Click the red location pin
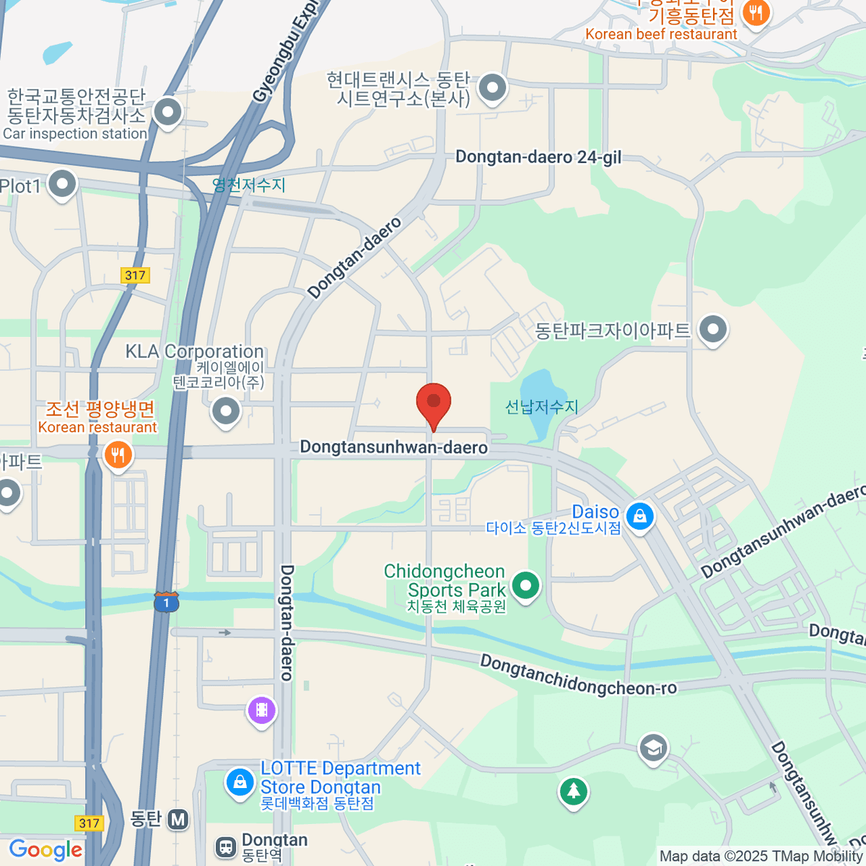coord(434,403)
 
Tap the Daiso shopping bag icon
coord(639,516)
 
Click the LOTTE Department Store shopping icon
coord(240,782)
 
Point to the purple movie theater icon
coord(261,710)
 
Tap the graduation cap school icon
coord(653,748)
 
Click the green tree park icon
coord(574,792)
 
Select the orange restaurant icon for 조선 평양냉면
coord(118,455)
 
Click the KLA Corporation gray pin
coord(226,412)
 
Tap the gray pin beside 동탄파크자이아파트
coord(713,330)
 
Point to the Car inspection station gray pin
coord(168,112)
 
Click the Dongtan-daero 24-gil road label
coord(538,157)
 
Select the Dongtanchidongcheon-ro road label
coord(578,676)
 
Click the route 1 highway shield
coord(166,602)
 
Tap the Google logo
coord(45,850)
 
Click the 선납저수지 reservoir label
coord(541,407)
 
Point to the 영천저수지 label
coord(249,185)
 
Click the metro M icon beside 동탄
coord(178,819)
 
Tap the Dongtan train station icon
coord(226,847)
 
